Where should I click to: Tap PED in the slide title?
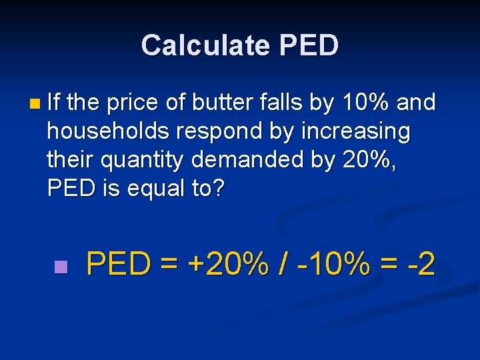click(x=309, y=45)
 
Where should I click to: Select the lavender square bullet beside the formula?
click(x=61, y=267)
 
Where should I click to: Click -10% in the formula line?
click(x=334, y=265)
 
